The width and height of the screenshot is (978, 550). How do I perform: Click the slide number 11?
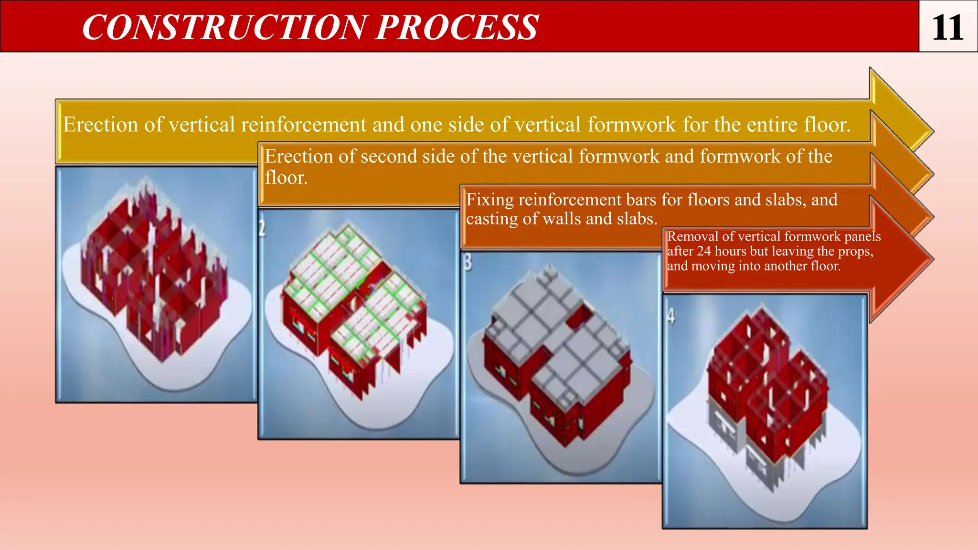click(947, 27)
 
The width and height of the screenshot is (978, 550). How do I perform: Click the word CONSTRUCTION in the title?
click(225, 27)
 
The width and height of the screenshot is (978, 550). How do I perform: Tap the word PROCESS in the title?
click(457, 27)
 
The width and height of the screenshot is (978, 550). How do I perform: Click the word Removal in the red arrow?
click(692, 236)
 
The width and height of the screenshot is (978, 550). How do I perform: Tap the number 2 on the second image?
click(262, 228)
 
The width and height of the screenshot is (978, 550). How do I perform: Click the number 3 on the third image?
click(468, 262)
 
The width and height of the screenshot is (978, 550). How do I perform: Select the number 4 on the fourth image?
click(671, 316)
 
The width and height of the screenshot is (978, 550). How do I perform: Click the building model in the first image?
click(153, 272)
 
